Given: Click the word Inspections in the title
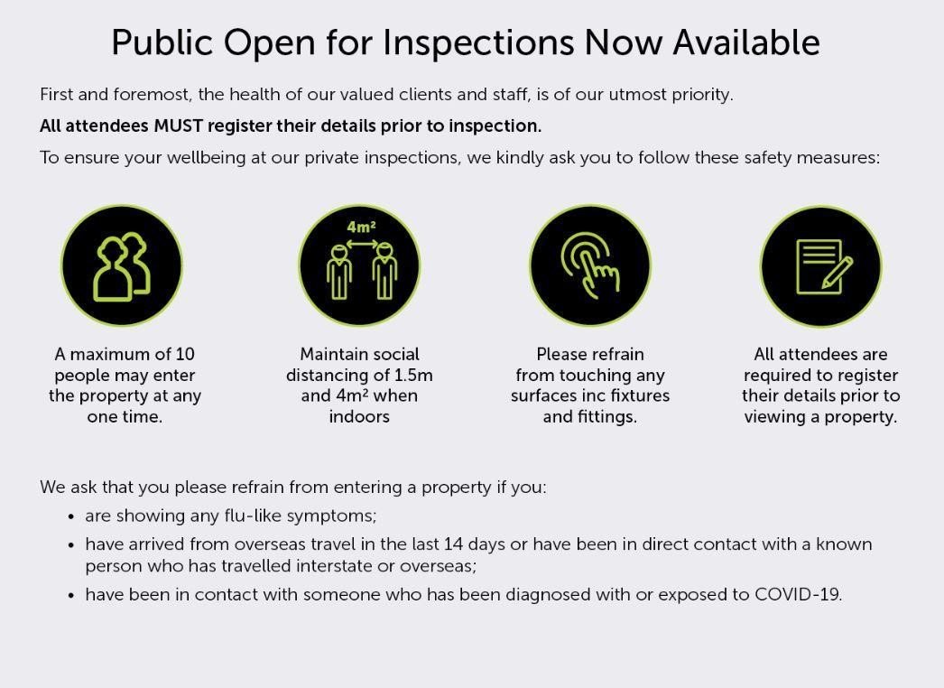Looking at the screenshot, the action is tap(478, 43).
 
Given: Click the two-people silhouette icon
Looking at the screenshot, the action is tap(122, 265).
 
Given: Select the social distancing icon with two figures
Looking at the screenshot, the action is tap(359, 265).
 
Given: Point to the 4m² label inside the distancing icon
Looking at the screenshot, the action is tap(361, 228).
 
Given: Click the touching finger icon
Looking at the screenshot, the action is tap(590, 265).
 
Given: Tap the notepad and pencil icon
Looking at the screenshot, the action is tap(820, 265).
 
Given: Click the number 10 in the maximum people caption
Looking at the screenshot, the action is tap(184, 354).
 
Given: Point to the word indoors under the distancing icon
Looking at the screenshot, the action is tap(359, 417).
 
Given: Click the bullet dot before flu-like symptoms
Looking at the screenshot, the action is tap(71, 517).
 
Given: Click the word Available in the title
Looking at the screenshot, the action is tap(746, 43).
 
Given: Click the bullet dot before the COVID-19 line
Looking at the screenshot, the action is tap(71, 596).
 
